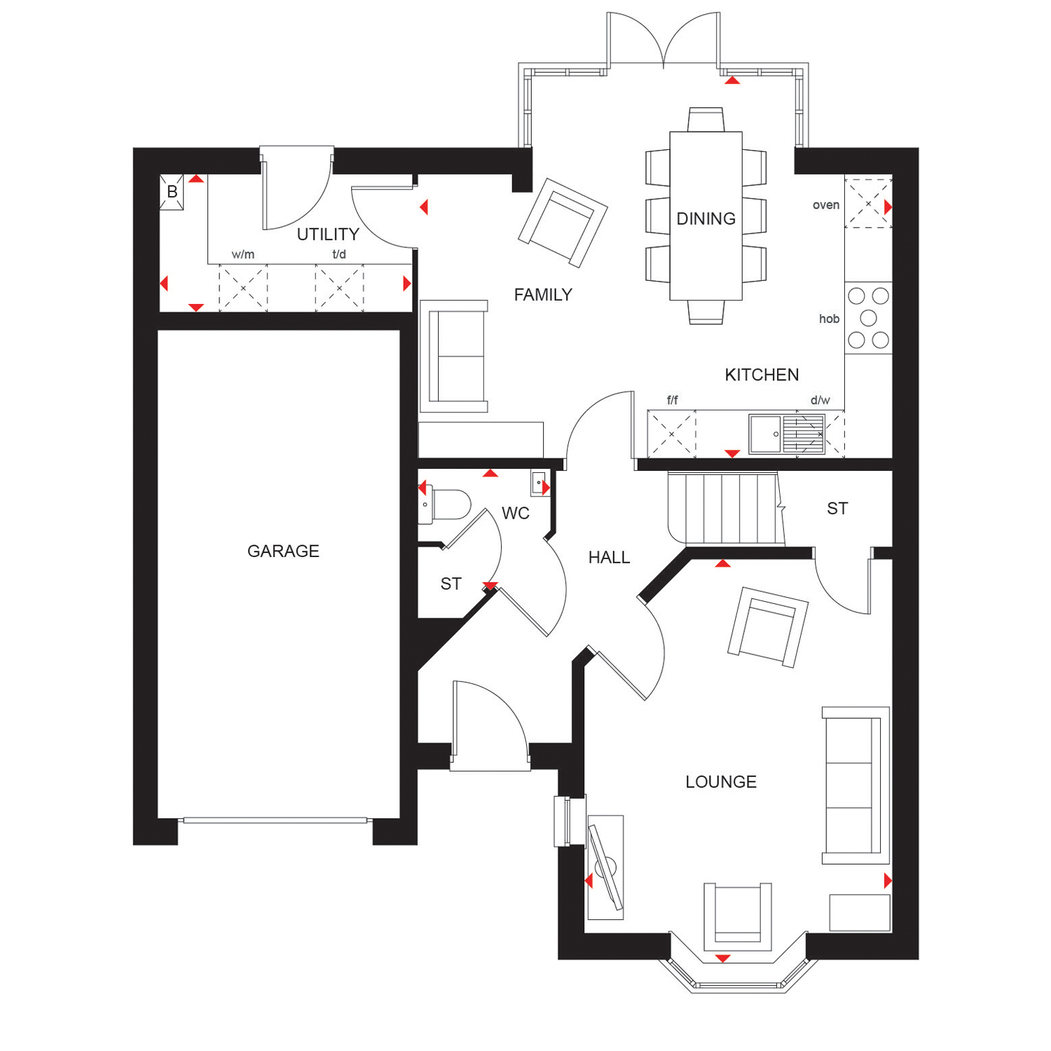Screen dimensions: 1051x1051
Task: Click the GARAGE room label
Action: point(283,551)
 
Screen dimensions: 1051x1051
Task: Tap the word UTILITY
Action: point(328,234)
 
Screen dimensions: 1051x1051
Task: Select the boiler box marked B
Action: point(172,192)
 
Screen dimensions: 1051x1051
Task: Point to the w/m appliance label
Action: point(243,254)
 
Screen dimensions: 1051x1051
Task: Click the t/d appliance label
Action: point(339,254)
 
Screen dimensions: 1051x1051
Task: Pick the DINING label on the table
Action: point(706,219)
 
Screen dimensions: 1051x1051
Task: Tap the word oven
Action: point(826,205)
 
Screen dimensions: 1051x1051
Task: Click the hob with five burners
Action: point(868,318)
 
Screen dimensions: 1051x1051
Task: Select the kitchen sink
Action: point(787,434)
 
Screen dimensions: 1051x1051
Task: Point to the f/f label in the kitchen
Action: point(673,400)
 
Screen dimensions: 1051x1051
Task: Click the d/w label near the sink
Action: point(820,400)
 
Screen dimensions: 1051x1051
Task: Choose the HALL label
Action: point(609,558)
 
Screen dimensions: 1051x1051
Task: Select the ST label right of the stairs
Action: point(837,509)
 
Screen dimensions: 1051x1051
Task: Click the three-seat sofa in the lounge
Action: point(856,785)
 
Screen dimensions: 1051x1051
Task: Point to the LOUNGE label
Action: point(721,782)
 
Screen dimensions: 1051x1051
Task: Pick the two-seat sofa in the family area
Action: point(454,357)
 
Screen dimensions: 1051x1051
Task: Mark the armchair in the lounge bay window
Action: point(738,913)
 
